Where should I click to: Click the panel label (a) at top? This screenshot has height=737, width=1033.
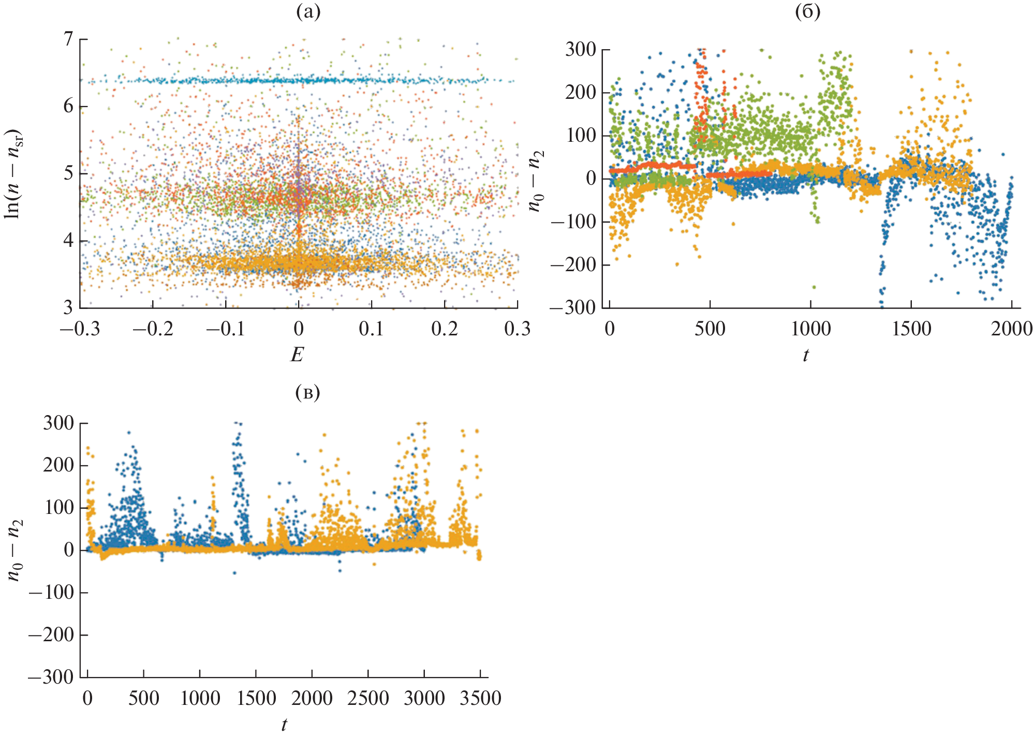tap(308, 12)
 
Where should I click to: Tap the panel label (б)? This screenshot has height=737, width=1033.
tap(807, 12)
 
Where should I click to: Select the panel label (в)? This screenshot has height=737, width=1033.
tap(307, 392)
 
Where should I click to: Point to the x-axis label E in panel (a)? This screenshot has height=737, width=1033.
tap(297, 355)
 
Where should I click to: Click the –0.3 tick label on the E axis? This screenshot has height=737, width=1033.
tap(80, 329)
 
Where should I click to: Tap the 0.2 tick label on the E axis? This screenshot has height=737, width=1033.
tap(445, 329)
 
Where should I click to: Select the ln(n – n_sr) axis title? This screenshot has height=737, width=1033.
tap(13, 173)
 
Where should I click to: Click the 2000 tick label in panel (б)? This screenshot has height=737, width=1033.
tap(1012, 329)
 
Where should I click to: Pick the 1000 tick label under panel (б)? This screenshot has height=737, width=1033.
tap(810, 329)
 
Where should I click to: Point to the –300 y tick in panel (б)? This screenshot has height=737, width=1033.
tap(573, 308)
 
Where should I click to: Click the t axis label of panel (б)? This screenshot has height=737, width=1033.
tap(806, 355)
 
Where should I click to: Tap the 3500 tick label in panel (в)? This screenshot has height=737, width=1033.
tap(480, 698)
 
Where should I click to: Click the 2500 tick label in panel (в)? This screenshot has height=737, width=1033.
tap(368, 698)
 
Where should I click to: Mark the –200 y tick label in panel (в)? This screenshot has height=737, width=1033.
tap(51, 635)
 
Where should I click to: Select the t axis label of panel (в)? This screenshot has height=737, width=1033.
tap(284, 725)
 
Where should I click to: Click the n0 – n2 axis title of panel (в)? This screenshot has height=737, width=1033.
tap(16, 550)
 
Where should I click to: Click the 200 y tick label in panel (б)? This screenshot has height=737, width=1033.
tap(581, 93)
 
